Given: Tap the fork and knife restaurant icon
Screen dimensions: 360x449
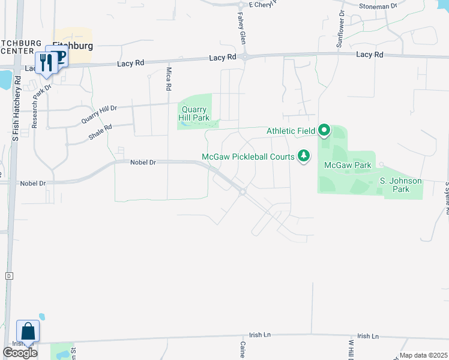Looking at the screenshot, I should [x=44, y=62].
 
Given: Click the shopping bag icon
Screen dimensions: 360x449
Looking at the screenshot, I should [x=28, y=331].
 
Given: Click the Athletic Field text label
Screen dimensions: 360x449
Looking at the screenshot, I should [x=291, y=130].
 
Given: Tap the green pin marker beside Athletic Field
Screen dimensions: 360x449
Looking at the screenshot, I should [x=324, y=130].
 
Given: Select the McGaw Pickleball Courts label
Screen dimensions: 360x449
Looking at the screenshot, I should [x=248, y=157].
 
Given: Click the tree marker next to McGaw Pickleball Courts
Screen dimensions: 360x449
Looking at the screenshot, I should [x=304, y=157].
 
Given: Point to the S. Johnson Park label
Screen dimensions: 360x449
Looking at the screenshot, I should [x=400, y=185].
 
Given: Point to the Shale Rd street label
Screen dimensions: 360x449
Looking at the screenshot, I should [x=100, y=132].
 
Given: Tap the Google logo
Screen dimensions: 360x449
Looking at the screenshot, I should [x=20, y=353].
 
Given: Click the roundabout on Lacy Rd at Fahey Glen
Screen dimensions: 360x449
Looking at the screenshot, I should [x=245, y=58].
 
